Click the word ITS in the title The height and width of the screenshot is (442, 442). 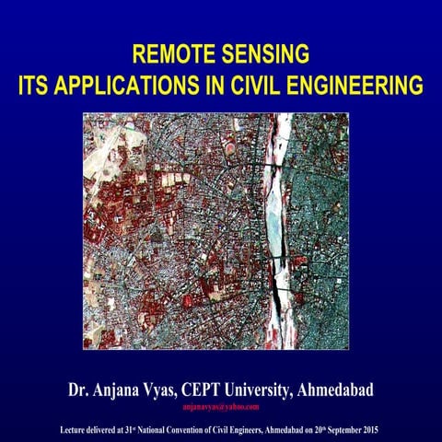point(34,87)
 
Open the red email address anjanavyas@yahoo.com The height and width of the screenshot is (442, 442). point(221,406)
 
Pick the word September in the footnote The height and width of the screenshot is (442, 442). point(343,429)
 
